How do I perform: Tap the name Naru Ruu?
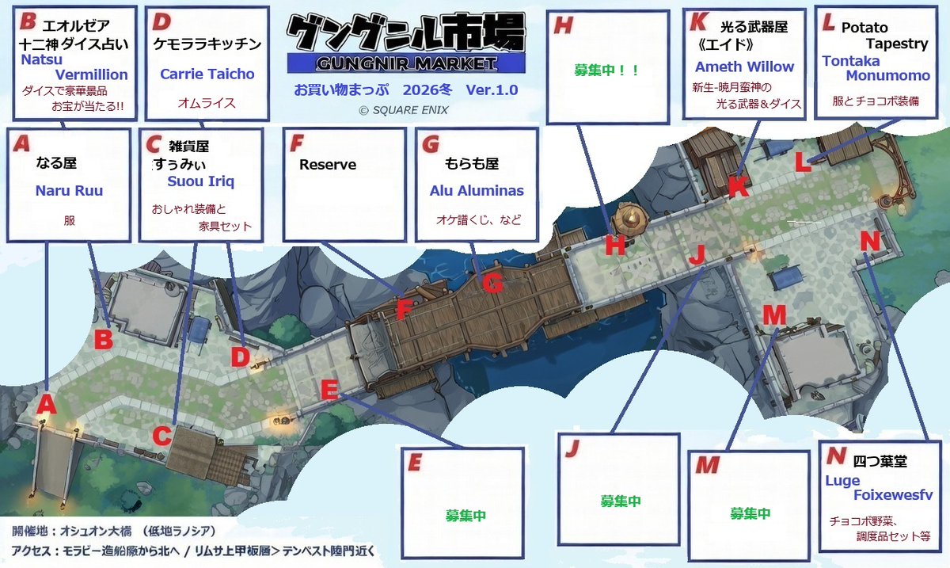click(69, 191)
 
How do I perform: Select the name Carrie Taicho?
click(207, 74)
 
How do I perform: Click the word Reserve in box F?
click(328, 165)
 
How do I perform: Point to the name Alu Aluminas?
click(477, 191)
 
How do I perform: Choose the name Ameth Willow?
click(744, 67)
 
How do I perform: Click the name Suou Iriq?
click(201, 181)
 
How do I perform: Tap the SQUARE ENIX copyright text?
click(404, 110)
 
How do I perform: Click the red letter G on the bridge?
click(492, 283)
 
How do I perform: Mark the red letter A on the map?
click(47, 404)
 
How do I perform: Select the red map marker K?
click(737, 187)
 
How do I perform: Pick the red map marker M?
click(773, 314)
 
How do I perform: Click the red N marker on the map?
click(869, 241)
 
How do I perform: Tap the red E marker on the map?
click(331, 389)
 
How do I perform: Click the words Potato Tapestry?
click(874, 36)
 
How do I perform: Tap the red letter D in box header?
click(161, 21)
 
